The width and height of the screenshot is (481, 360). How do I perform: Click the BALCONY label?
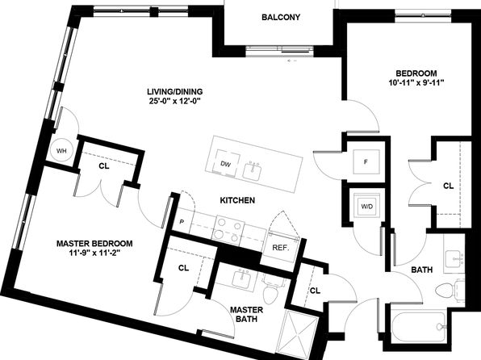pos(281,17)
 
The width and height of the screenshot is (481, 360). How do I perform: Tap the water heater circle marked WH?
pos(61,151)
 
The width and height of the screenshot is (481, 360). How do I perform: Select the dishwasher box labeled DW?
pos(225,163)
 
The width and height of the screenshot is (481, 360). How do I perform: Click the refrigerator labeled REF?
pos(281,247)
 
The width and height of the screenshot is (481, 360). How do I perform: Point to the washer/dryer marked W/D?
pos(367,207)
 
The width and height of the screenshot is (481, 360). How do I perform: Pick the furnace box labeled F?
pos(366,161)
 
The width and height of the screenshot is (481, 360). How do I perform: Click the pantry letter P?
pos(182,222)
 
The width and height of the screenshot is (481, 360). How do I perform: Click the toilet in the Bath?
pos(450,290)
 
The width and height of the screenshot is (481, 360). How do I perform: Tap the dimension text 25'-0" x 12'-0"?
pos(174,101)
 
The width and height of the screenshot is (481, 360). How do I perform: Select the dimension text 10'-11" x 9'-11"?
pos(416,82)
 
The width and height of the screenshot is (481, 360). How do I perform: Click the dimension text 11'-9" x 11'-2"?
pos(94,253)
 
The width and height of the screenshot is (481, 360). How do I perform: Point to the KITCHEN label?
pos(237,200)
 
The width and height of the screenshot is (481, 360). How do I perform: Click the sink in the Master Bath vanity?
pos(241,278)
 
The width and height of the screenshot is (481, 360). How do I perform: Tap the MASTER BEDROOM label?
pos(94,244)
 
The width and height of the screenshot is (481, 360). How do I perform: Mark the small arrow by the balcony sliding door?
pos(292,61)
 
